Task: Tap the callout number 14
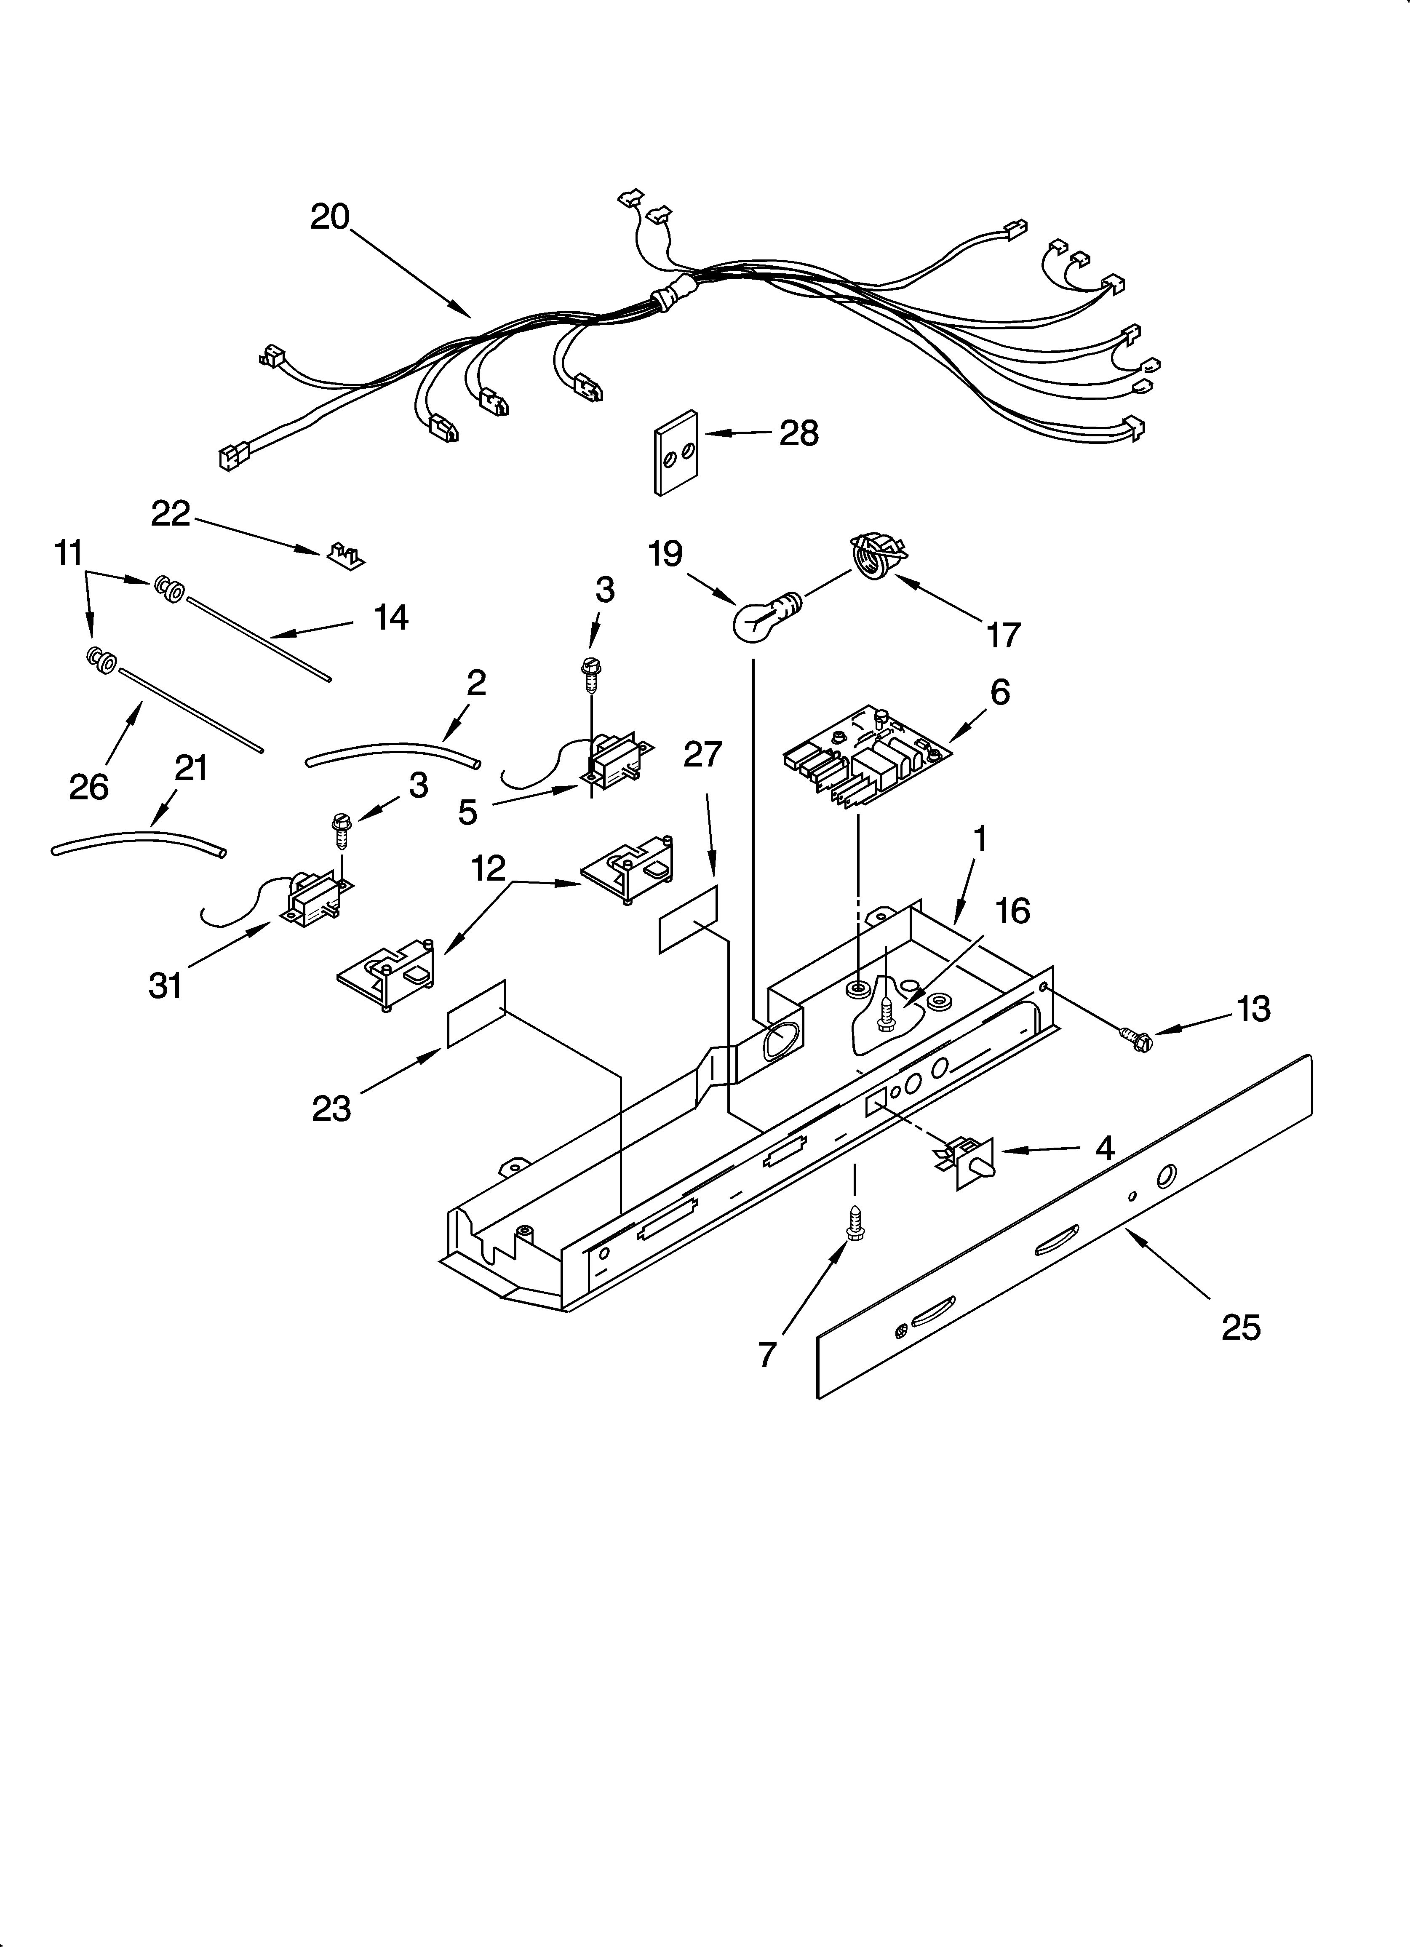tap(392, 617)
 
